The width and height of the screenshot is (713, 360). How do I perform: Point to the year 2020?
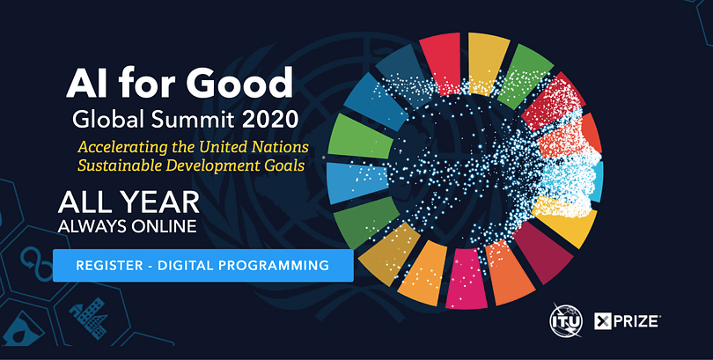(x=270, y=119)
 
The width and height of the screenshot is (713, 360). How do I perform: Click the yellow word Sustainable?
(x=119, y=165)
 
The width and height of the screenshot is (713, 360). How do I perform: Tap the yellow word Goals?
(x=284, y=165)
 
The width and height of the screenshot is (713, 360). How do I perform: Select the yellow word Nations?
(x=282, y=147)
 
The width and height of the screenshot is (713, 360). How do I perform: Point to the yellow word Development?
(x=213, y=165)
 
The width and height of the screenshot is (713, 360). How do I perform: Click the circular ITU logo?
(x=566, y=321)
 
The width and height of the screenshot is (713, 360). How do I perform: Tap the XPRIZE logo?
(x=628, y=321)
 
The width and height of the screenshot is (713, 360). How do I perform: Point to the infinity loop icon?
(x=37, y=264)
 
